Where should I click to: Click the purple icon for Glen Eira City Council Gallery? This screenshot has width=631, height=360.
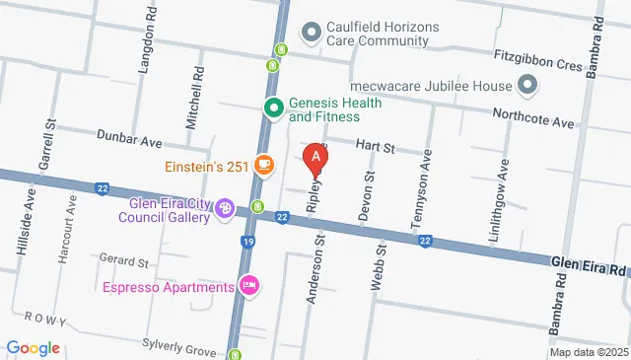tap(226, 208)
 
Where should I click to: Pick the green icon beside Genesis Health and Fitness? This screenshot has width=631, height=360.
tap(272, 108)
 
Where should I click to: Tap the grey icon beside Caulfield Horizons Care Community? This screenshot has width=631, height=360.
tap(313, 33)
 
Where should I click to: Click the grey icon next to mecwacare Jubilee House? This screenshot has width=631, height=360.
tap(526, 85)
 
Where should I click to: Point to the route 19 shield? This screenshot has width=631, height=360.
tap(248, 240)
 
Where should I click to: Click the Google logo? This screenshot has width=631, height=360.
tap(33, 348)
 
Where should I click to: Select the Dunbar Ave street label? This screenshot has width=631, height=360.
tap(129, 141)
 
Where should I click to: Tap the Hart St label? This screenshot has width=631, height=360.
tap(375, 148)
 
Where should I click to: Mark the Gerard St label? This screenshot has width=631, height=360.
tap(123, 263)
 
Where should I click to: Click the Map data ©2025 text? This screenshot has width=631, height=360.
tap(589, 352)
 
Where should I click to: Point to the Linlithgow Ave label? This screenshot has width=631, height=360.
tap(504, 189)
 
